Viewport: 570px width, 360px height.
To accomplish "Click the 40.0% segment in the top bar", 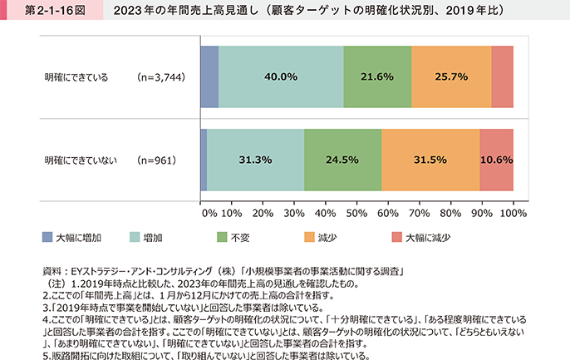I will [281, 76].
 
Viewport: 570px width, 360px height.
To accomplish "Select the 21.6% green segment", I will [377, 76].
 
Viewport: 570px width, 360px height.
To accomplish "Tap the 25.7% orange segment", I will [451, 76].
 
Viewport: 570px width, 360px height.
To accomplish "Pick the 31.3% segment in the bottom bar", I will [255, 159].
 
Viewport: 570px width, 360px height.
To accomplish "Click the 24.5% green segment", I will [342, 159].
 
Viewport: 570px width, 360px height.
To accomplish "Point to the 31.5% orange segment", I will [430, 159].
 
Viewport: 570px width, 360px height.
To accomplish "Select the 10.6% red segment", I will [496, 159].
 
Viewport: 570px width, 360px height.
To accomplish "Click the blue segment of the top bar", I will [209, 76].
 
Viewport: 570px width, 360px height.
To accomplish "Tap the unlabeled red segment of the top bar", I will [502, 76].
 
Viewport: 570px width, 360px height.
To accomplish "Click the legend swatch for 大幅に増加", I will [48, 237].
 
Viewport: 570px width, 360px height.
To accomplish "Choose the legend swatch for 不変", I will [222, 237].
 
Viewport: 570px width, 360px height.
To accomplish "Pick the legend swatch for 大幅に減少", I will [396, 237].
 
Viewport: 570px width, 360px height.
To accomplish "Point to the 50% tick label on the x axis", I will [358, 213].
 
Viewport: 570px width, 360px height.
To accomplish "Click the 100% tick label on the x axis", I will [513, 213].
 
